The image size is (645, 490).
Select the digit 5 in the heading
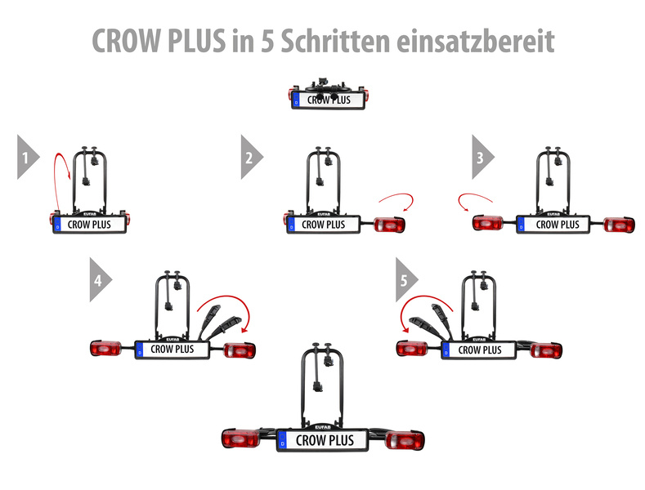[267, 41]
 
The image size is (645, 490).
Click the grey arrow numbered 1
[27, 157]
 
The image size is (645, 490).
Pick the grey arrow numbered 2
[251, 157]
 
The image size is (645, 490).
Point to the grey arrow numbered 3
[482, 157]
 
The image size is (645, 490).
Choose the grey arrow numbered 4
[100, 279]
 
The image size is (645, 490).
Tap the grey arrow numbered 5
[406, 279]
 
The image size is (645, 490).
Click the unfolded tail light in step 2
[389, 225]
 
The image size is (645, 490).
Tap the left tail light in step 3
[488, 223]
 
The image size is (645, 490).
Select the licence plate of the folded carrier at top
[329, 100]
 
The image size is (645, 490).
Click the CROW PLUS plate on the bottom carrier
[322, 440]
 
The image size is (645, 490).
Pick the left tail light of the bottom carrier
[240, 439]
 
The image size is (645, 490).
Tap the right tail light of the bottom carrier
[405, 440]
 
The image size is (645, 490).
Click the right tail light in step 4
[240, 350]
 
